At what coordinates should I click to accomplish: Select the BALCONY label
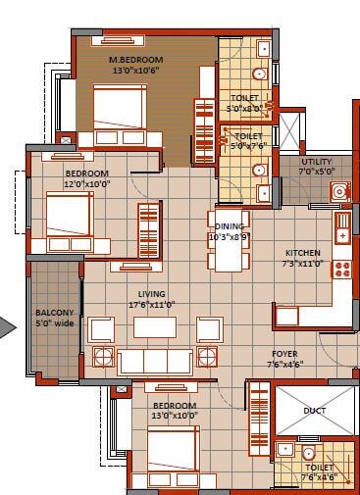click(x=54, y=313)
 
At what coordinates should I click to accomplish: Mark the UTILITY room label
click(x=318, y=161)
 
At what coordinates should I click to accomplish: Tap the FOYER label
click(x=285, y=354)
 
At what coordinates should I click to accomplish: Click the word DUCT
click(x=314, y=412)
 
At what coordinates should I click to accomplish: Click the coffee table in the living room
click(x=155, y=327)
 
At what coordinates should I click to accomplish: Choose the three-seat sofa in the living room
click(x=155, y=362)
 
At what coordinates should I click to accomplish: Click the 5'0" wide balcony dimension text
click(x=54, y=323)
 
